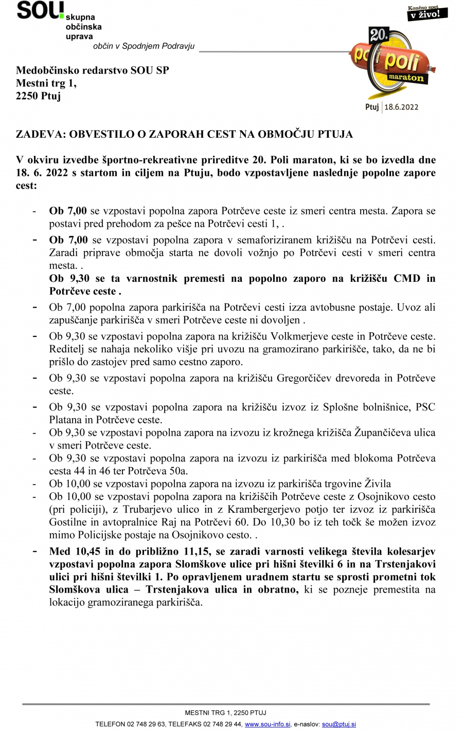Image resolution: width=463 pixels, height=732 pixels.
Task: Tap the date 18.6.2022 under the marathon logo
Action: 401,107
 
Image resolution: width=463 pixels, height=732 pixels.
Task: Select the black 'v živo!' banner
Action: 424,14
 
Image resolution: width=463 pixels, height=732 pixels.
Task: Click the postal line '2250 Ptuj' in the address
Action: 38,96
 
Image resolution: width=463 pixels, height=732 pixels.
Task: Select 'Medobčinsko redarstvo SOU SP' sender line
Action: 93,70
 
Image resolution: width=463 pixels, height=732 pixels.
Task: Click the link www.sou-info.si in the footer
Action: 268,724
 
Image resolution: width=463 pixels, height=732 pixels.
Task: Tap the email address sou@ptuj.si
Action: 339,724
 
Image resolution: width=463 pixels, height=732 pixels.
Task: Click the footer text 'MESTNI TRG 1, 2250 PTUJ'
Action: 226,712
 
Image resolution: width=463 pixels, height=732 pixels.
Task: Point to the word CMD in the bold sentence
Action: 406,278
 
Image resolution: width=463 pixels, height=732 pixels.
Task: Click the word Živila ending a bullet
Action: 378,484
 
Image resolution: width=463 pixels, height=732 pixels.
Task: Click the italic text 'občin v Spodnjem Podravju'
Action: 144,46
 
